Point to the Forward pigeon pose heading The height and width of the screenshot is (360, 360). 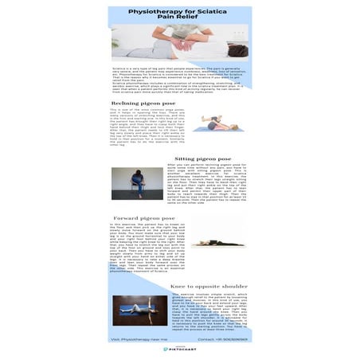(143, 217)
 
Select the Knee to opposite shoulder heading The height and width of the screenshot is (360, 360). (209, 285)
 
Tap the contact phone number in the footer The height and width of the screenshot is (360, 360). (224, 338)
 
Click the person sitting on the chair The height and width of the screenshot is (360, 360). (138, 183)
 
